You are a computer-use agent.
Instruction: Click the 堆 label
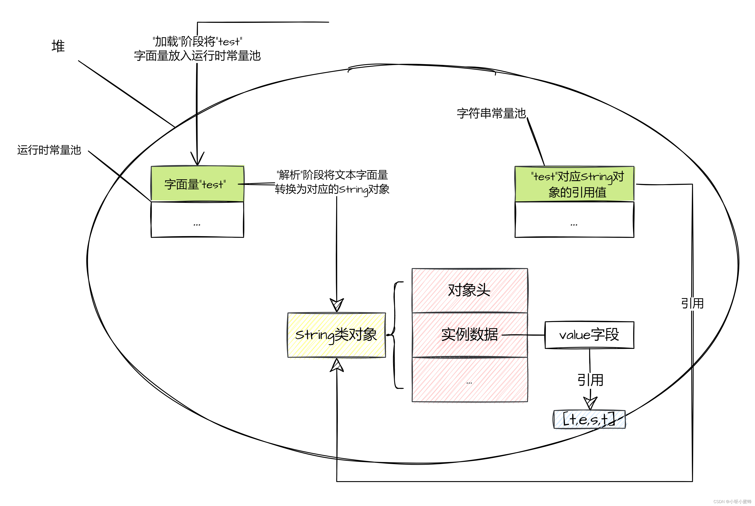(58, 46)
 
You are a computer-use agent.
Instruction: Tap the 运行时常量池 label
(49, 150)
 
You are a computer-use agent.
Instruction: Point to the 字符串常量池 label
(491, 113)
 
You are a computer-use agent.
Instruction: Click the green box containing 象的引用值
(574, 184)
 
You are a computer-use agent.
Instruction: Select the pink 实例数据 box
(470, 335)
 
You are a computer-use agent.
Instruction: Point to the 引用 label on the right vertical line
(692, 303)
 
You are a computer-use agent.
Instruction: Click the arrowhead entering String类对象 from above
(337, 305)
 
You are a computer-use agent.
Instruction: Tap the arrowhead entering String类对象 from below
(337, 365)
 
